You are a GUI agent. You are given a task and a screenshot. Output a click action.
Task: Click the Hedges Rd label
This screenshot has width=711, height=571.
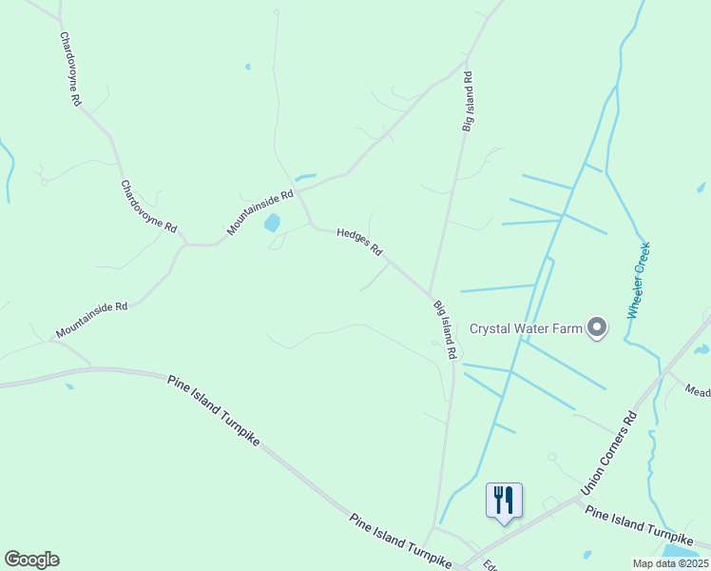tap(359, 241)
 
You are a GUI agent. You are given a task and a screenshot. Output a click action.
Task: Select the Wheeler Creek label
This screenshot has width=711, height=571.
tap(638, 280)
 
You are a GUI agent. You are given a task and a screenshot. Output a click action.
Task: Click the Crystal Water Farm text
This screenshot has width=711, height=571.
tap(525, 328)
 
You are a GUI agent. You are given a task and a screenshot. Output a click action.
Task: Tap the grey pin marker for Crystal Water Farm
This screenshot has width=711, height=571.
tap(597, 327)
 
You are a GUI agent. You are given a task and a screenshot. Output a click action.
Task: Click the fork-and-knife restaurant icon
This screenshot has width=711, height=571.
tap(504, 499)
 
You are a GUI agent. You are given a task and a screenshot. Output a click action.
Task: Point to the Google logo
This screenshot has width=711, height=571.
tap(31, 560)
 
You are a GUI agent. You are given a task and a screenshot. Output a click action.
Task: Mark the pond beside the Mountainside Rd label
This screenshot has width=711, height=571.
tap(272, 223)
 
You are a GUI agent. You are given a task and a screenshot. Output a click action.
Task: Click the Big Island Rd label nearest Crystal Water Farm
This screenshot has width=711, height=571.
tap(445, 329)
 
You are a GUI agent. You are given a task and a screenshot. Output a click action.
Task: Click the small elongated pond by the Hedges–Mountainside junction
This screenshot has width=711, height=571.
tap(305, 177)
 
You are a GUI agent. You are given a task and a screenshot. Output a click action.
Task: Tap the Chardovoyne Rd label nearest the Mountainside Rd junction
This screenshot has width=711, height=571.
tap(148, 207)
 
